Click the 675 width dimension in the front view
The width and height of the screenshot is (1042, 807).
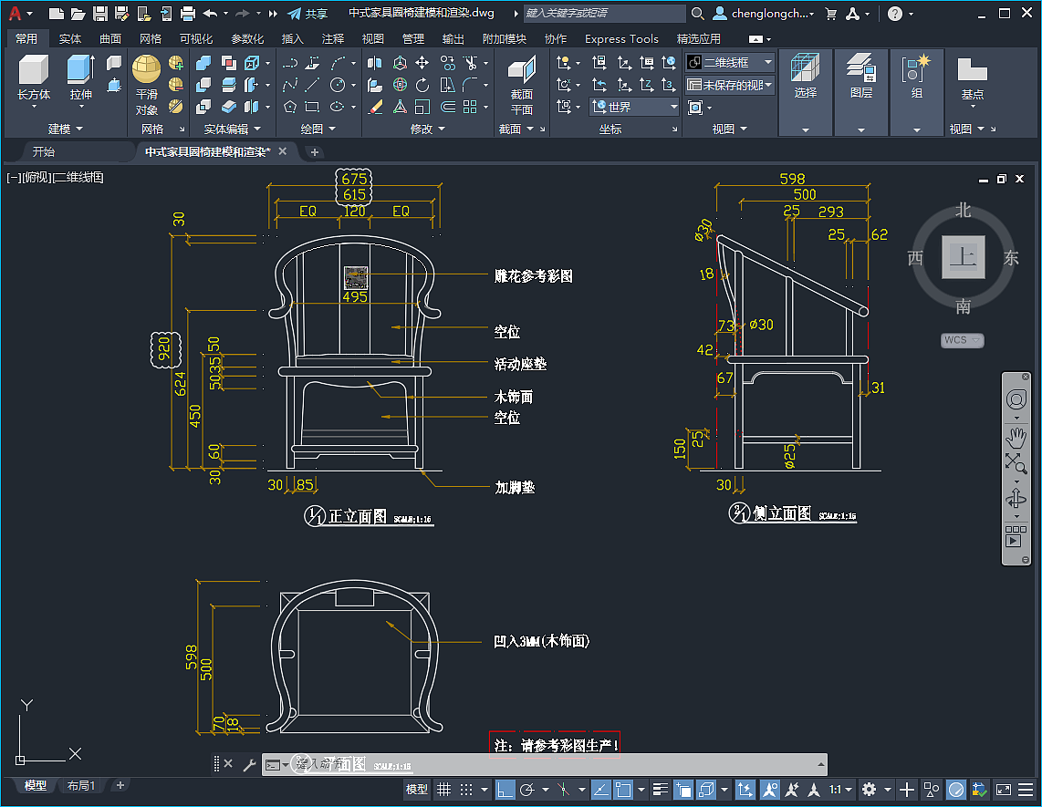point(354,179)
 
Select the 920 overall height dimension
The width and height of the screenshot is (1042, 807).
point(164,348)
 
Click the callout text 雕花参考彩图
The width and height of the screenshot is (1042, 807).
point(533,276)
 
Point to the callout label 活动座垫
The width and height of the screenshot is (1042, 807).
point(520,364)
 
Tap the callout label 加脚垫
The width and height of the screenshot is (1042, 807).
point(514,487)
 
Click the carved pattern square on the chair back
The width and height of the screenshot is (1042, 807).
point(356,277)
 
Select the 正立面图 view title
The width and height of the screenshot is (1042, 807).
point(358,516)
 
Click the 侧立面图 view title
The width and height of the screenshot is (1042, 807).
point(782,513)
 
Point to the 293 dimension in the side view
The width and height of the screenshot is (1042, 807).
point(830,212)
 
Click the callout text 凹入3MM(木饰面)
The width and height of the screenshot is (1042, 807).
point(541,642)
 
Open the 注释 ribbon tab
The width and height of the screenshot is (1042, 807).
point(333,39)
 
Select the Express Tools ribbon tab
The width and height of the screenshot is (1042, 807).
point(621,39)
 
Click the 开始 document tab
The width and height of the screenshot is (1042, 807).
point(43,151)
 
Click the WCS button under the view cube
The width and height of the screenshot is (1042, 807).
point(962,340)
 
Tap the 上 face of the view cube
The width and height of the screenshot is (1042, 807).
point(962,257)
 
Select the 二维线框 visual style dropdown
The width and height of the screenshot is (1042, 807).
point(729,62)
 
